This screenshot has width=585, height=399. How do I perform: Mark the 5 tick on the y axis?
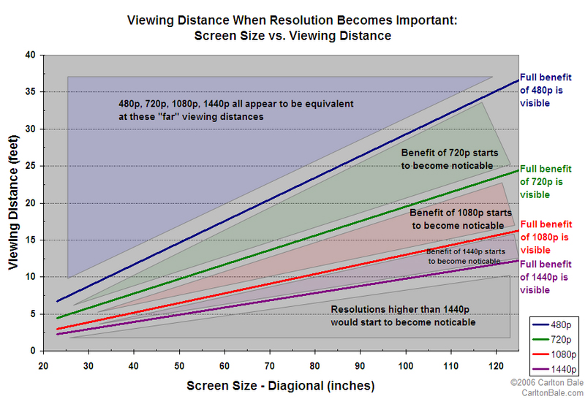point(33,314)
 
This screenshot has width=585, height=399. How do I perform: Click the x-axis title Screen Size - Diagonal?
point(281,384)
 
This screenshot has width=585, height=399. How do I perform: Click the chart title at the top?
point(292,28)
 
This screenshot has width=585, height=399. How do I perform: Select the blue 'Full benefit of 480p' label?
point(546,90)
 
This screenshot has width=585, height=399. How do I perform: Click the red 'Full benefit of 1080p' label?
point(546,237)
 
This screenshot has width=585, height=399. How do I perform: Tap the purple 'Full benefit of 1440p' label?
point(546,276)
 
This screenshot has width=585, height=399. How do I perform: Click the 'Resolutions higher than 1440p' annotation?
point(404,316)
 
